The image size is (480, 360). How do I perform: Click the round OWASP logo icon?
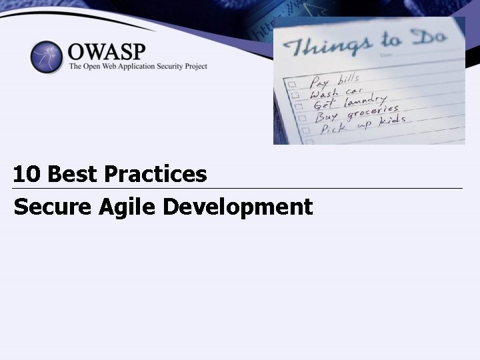point(46,57)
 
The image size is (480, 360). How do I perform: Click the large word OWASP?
point(107,51)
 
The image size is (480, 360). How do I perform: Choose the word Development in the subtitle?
point(237,207)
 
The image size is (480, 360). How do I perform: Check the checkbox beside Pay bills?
point(291,85)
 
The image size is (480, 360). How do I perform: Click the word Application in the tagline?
point(131,67)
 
